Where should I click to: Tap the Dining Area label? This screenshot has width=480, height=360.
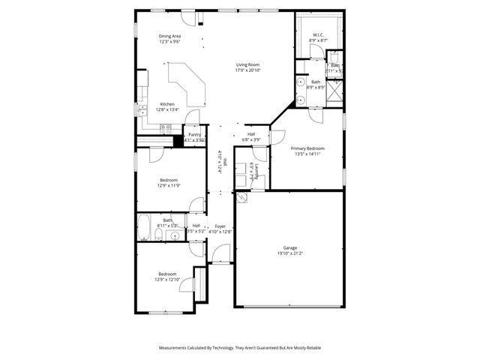(169, 36)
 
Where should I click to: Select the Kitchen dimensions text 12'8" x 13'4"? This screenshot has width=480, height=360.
(167, 110)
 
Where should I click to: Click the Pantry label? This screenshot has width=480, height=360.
(194, 134)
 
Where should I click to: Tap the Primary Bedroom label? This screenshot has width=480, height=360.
(307, 148)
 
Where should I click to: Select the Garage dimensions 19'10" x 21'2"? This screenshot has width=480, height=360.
(289, 253)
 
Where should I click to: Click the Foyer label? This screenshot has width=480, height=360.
(220, 226)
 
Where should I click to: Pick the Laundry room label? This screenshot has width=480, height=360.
(257, 170)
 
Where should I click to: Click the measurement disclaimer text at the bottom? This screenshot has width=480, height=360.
(239, 348)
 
